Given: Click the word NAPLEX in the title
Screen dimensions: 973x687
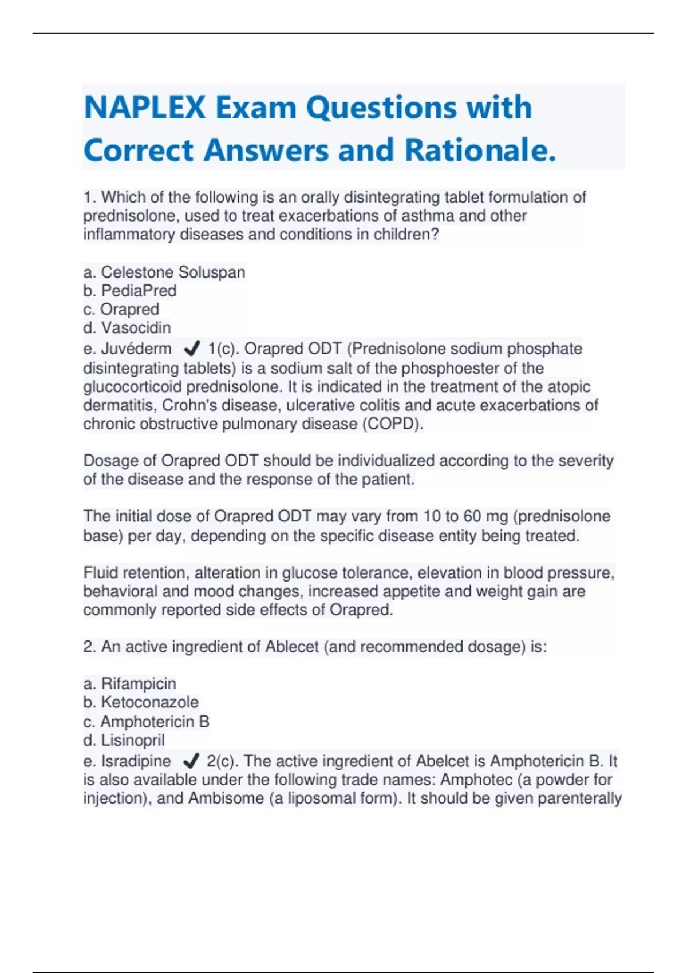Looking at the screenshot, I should click(145, 108).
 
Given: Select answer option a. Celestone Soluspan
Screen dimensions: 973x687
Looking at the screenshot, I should click(164, 272).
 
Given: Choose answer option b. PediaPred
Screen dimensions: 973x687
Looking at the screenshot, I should click(130, 291).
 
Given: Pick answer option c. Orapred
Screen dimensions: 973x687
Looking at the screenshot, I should click(121, 310).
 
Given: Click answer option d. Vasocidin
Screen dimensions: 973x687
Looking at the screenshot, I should click(127, 328).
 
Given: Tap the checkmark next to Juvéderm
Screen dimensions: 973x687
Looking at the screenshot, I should click(191, 349).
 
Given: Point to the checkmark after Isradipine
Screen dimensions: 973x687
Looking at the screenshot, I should click(191, 761).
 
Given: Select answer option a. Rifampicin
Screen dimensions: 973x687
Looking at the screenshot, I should click(130, 683).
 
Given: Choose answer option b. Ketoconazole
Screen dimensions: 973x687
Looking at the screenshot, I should click(141, 702).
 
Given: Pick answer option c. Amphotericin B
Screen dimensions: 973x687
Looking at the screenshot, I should click(147, 722).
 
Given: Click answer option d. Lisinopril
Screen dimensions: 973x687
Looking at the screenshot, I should click(124, 741).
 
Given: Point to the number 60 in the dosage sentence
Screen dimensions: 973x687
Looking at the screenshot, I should click(472, 516).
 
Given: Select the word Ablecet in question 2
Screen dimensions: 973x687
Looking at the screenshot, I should click(291, 647).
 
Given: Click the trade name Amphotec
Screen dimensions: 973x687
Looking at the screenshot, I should click(476, 780).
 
